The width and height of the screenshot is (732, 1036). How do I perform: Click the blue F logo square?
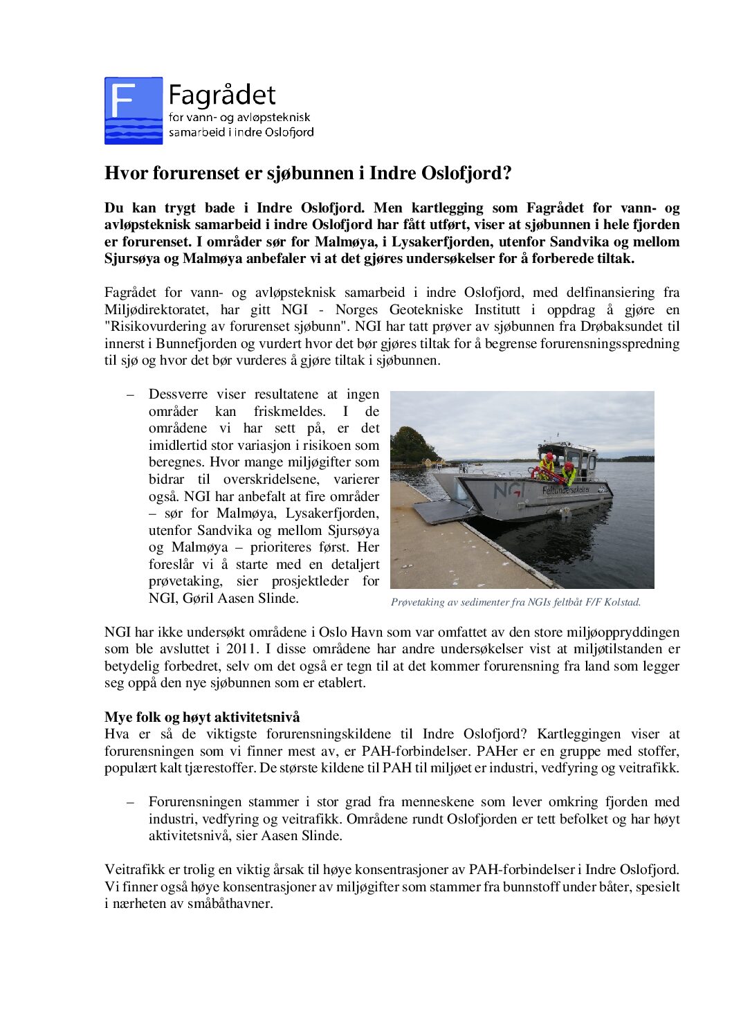pyautogui.click(x=134, y=111)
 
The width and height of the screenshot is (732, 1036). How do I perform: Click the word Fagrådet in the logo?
pyautogui.click(x=221, y=96)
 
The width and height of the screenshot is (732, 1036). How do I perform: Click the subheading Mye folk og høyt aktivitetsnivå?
pyautogui.click(x=202, y=717)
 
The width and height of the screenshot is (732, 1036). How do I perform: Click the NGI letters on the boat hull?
pyautogui.click(x=509, y=491)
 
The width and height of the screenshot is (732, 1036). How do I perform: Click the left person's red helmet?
pyautogui.click(x=549, y=457)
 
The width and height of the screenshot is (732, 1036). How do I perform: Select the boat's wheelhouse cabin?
pyautogui.click(x=578, y=457)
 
